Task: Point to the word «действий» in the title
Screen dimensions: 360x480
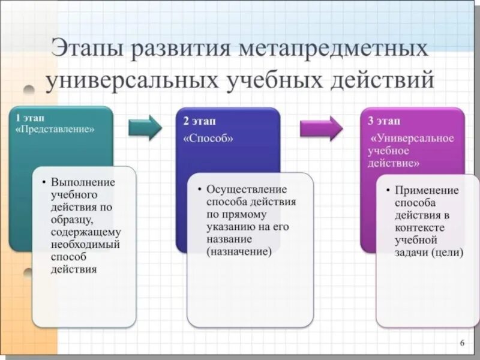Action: [381, 80]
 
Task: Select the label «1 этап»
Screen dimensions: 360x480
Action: [30, 118]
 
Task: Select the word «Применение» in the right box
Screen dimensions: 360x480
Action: [427, 190]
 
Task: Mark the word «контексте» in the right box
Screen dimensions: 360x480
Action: [419, 228]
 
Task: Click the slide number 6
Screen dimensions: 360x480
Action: [462, 343]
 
